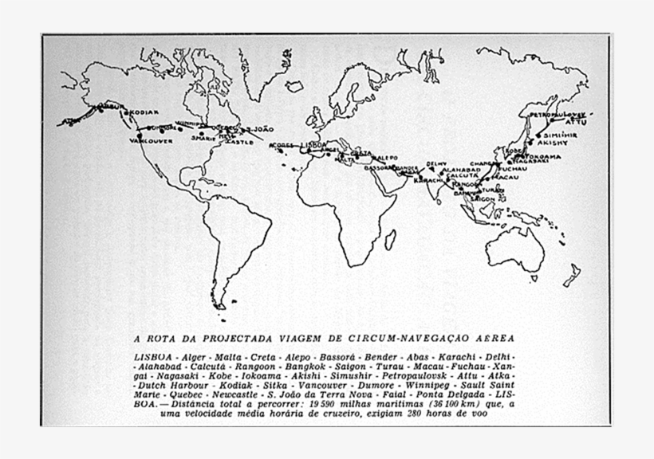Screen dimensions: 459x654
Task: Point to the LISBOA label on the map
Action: [x=313, y=145]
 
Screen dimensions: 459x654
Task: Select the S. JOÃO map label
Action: [x=262, y=129]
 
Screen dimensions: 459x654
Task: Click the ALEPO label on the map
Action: [x=386, y=159]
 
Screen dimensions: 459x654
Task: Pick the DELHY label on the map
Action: [x=437, y=163]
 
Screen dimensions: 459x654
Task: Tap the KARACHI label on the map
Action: [x=428, y=181]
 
